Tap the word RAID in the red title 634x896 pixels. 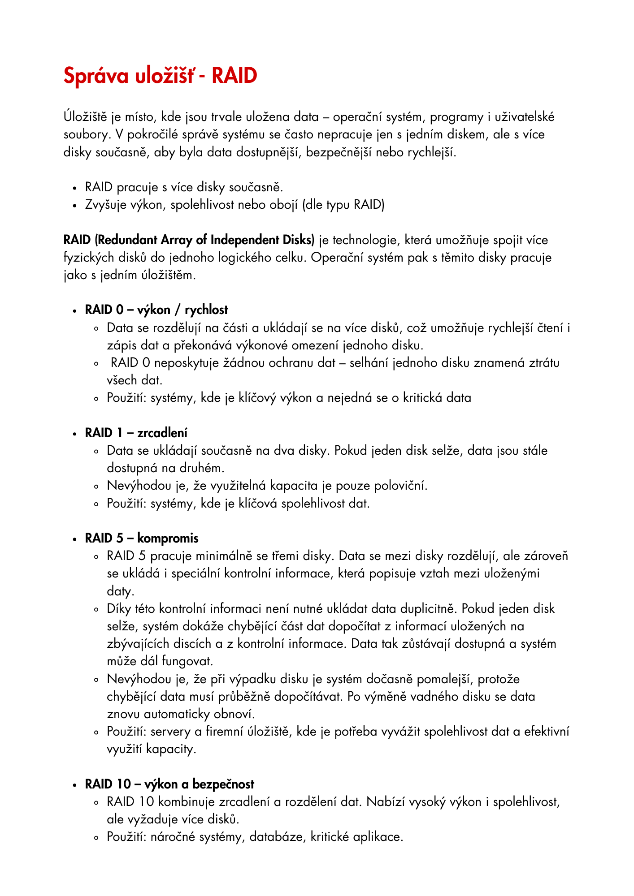pyautogui.click(x=234, y=76)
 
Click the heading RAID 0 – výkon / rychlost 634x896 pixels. pyautogui.click(x=156, y=310)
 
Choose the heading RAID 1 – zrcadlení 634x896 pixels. pyautogui.click(x=136, y=433)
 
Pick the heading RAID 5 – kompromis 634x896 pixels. pyautogui.click(x=142, y=538)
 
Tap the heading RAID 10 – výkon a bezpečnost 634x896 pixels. pyautogui.click(x=169, y=784)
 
